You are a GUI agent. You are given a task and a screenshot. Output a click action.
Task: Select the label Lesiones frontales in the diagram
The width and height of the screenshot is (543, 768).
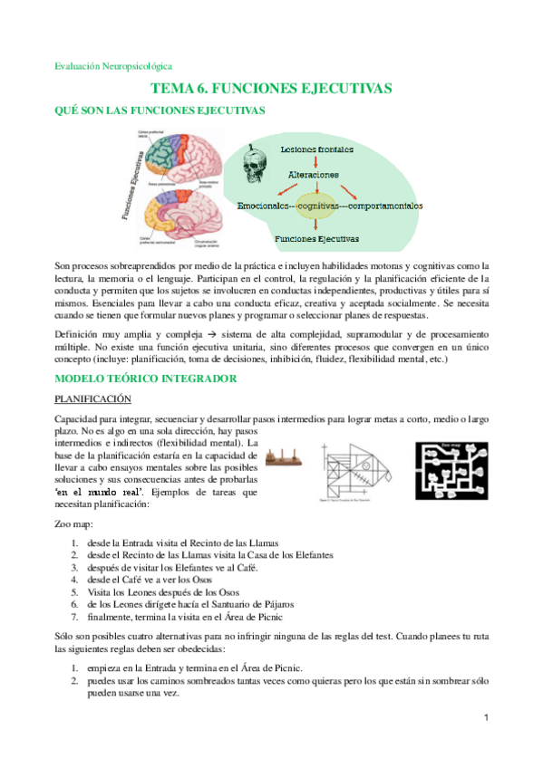pos(316,149)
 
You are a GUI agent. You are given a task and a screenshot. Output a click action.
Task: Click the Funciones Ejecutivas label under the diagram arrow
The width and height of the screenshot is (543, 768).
pos(316,239)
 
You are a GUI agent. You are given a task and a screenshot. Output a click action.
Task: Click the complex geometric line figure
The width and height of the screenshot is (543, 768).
pos(355,470)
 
